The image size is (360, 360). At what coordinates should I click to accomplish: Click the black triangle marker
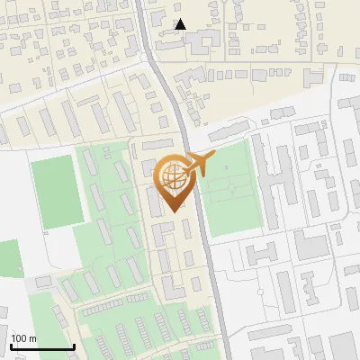click(181, 24)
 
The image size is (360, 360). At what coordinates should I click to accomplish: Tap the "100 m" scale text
click(23, 338)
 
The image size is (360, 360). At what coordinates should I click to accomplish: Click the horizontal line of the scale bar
click(41, 346)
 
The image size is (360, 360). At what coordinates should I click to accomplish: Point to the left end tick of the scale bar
click(10, 345)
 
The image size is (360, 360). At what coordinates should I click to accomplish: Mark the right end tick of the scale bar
click(73, 345)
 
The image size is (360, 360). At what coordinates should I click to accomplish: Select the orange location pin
click(175, 184)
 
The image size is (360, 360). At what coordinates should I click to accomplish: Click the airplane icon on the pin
click(199, 165)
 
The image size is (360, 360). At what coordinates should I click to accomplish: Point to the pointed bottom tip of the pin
click(175, 211)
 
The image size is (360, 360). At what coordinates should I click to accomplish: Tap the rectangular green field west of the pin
click(55, 190)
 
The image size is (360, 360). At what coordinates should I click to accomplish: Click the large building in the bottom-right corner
click(342, 346)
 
